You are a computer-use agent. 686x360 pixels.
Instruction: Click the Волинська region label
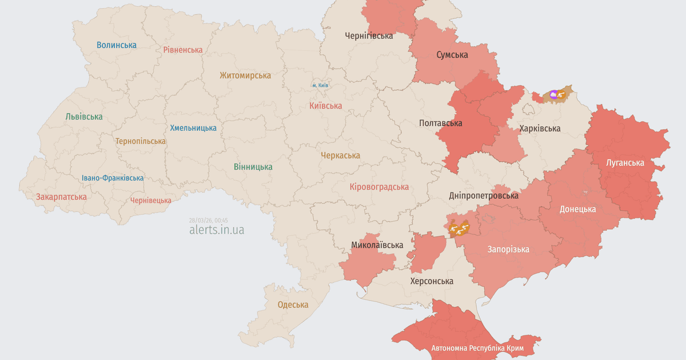click(x=117, y=45)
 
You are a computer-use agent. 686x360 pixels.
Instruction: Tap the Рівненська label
click(x=183, y=50)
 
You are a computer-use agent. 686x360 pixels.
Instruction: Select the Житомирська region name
click(x=245, y=75)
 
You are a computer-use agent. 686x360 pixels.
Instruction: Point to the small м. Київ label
click(x=320, y=85)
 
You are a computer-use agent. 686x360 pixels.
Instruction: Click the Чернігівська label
click(x=369, y=35)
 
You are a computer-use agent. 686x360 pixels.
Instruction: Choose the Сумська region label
click(x=452, y=55)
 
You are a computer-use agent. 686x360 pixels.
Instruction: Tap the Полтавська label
click(x=441, y=123)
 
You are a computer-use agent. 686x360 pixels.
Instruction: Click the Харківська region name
click(x=540, y=128)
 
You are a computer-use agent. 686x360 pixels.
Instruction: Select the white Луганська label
click(x=625, y=163)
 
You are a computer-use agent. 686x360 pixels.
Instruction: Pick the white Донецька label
click(x=577, y=209)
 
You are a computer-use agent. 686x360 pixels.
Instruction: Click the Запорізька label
click(x=508, y=249)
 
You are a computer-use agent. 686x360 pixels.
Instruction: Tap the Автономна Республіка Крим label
click(x=478, y=348)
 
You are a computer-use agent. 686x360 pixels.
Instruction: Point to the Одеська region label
click(x=293, y=305)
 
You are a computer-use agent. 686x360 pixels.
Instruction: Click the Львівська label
click(x=84, y=117)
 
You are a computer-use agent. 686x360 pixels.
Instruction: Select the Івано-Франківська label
click(x=113, y=178)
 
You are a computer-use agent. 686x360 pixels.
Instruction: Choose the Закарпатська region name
click(x=61, y=197)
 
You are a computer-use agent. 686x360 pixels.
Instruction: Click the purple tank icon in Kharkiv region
click(x=553, y=94)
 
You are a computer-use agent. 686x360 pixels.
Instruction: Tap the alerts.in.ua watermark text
click(x=217, y=230)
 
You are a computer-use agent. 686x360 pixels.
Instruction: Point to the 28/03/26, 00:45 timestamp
click(x=208, y=220)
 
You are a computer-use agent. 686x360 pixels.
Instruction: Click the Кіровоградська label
click(x=379, y=187)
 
